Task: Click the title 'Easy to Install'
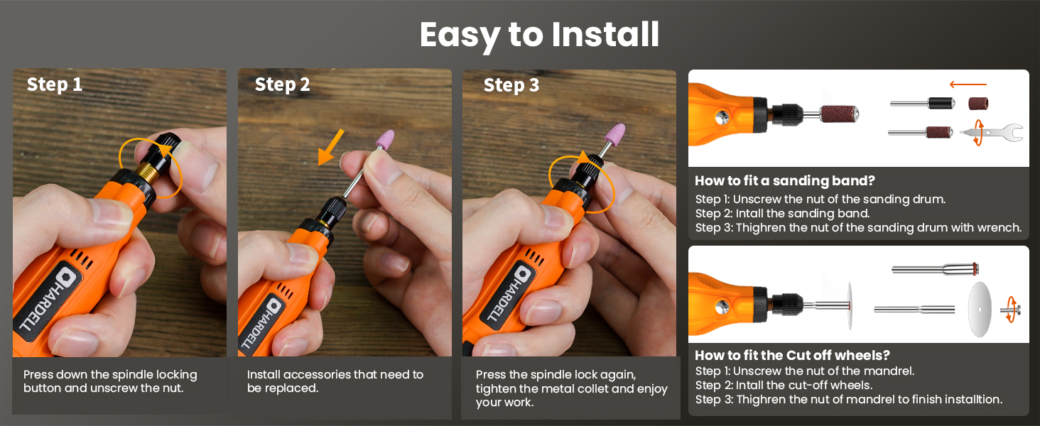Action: [x=539, y=35]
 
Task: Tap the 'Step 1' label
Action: [x=54, y=84]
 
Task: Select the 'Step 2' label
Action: [x=282, y=84]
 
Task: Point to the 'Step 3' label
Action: [x=511, y=85]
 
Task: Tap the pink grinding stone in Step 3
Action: [x=614, y=133]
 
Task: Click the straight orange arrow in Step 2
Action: [x=330, y=147]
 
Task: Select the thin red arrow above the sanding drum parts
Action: [x=968, y=84]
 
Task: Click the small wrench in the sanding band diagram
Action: [x=994, y=133]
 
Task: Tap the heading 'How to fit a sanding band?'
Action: [x=785, y=180]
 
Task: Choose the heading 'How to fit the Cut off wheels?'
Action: [x=792, y=355]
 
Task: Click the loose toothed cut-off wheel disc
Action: [x=980, y=310]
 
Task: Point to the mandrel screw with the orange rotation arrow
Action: [x=1011, y=310]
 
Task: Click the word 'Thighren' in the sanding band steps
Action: [x=760, y=228]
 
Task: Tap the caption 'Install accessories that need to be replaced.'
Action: [x=335, y=381]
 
